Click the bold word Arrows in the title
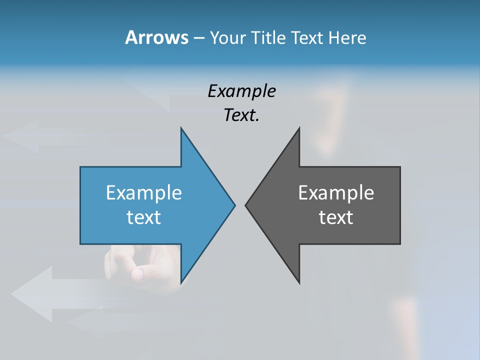[x=156, y=37]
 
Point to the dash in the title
[x=198, y=38]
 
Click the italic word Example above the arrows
[x=241, y=91]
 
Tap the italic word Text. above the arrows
[x=241, y=115]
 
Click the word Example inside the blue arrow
[x=143, y=192]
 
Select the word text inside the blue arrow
[x=143, y=217]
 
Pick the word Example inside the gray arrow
[x=336, y=192]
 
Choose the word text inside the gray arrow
[x=336, y=217]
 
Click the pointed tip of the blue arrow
[x=234, y=204]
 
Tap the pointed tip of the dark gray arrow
[x=246, y=204]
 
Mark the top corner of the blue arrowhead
[x=181, y=128]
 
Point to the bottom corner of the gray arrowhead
[x=299, y=283]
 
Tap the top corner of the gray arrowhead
[x=299, y=128]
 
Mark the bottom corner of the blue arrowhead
[x=181, y=283]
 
